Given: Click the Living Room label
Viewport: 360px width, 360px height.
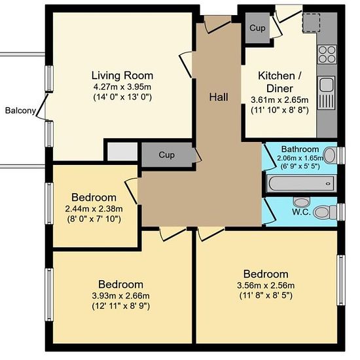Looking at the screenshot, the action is (122, 75).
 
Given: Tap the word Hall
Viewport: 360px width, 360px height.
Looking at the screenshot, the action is (219, 97).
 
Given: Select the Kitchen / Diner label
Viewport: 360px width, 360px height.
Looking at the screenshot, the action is (279, 82).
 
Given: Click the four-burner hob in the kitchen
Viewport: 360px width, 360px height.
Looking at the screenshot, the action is (327, 54).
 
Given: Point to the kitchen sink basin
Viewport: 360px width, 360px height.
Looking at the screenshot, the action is (326, 84).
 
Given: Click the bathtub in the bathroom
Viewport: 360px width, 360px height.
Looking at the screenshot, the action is (301, 183).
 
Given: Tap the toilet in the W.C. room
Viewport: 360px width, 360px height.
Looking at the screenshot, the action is (325, 212).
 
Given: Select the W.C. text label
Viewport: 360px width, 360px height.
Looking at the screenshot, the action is (301, 212).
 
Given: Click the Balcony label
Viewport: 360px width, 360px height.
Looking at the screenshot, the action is (20, 111).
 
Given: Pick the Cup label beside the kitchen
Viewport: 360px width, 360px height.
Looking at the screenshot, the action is (257, 27).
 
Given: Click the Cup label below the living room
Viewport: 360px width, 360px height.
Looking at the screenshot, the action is (166, 154).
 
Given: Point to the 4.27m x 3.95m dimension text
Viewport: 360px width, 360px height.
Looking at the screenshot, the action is (122, 87).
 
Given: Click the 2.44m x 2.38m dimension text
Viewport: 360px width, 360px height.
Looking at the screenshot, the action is (94, 209).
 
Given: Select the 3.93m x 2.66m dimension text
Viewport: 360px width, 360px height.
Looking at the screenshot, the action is (121, 296).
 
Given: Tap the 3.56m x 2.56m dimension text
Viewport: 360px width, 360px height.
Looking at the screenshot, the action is (266, 285).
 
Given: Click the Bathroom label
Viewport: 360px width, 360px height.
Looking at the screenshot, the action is (300, 149).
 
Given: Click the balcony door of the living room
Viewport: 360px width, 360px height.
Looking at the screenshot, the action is (43, 105).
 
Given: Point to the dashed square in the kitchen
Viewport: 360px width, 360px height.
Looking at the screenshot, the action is (311, 22).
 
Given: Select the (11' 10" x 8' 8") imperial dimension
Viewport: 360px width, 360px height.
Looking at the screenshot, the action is (279, 111).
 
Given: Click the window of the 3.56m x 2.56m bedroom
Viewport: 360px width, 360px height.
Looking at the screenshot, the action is (341, 280).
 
